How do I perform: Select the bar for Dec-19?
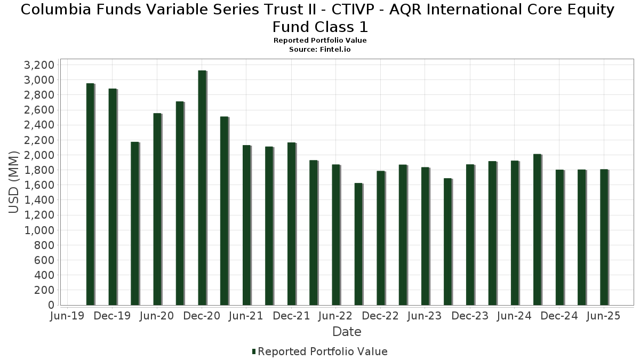tap(113, 197)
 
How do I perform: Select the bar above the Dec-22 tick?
tap(381, 238)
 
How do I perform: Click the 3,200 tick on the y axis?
tap(39, 65)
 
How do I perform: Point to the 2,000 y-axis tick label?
tap(39, 155)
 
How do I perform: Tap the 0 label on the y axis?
tap(51, 305)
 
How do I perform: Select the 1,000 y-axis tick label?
tap(39, 230)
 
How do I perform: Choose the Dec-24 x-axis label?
tap(559, 316)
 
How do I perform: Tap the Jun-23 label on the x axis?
tap(425, 316)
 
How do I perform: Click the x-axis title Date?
tap(347, 332)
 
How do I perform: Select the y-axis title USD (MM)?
tap(14, 182)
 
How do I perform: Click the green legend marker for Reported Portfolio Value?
tap(254, 351)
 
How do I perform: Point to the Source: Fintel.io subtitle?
tap(320, 49)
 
